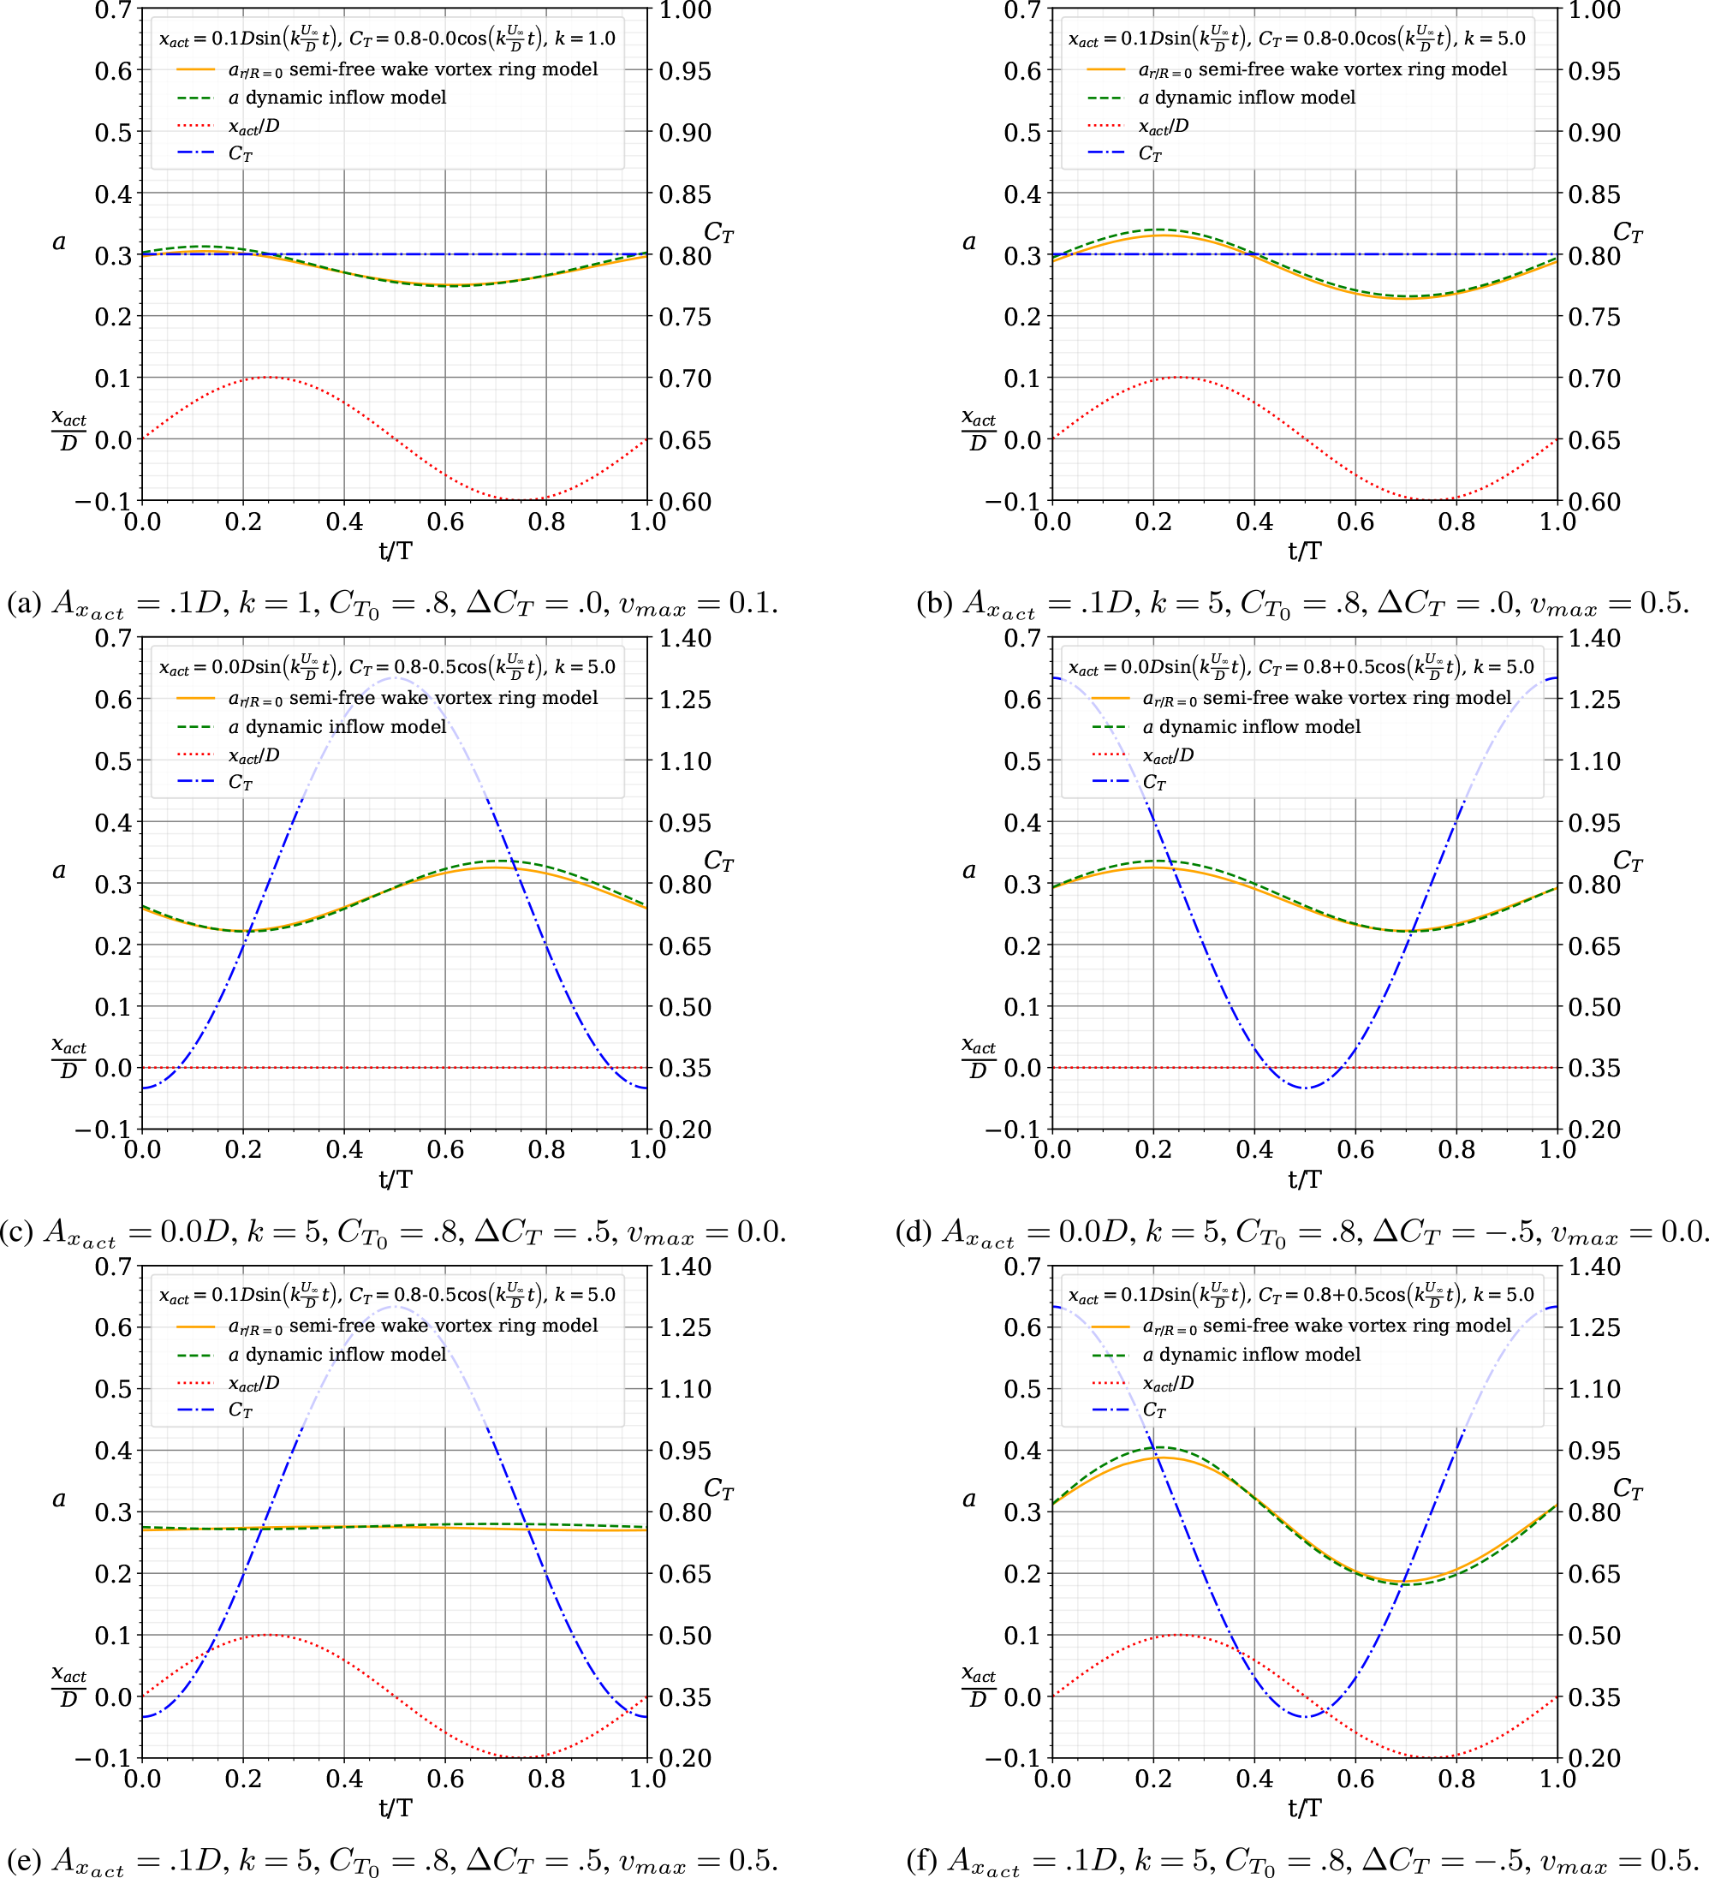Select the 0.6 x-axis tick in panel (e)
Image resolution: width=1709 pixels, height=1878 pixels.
click(445, 1779)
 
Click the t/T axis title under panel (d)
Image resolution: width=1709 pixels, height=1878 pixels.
click(1305, 1179)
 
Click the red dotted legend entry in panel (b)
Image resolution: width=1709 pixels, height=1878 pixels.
click(1164, 127)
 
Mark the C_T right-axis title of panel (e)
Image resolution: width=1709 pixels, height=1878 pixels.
click(718, 1488)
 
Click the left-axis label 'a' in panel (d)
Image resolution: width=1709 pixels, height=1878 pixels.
click(968, 870)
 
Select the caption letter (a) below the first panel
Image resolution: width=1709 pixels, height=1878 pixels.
click(23, 604)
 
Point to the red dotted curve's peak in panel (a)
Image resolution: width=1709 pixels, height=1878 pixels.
click(268, 378)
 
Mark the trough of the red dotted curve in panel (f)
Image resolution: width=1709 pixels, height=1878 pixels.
click(1432, 1757)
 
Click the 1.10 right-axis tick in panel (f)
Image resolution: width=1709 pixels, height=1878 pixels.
click(1593, 1389)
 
